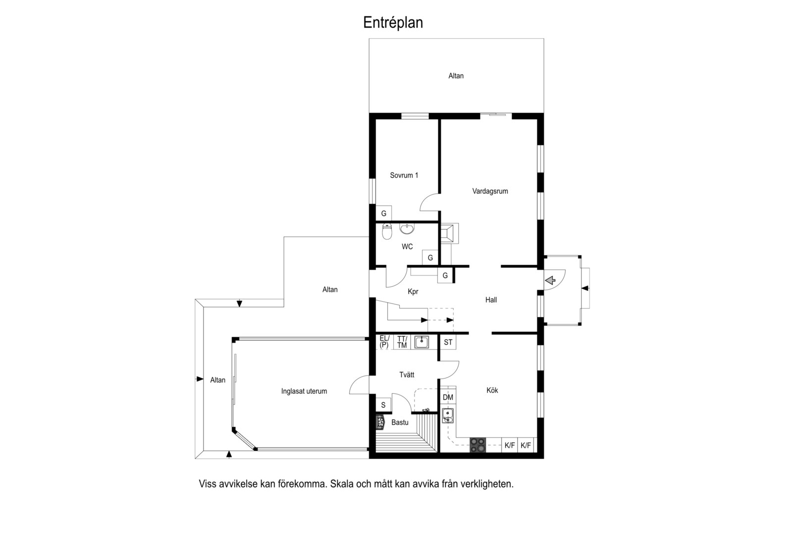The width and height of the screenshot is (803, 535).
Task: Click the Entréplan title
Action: (393, 23)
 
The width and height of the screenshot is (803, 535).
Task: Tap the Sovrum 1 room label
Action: (404, 175)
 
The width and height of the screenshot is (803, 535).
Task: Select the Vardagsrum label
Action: (490, 191)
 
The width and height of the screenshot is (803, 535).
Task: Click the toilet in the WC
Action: (387, 231)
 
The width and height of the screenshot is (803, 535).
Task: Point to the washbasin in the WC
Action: (407, 228)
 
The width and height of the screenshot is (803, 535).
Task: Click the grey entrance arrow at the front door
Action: (550, 280)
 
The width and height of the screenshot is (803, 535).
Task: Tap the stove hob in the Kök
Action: (478, 445)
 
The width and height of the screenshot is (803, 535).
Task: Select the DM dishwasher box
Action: (448, 397)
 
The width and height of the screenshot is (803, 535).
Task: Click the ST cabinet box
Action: (448, 342)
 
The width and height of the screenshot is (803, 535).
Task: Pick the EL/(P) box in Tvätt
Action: (384, 342)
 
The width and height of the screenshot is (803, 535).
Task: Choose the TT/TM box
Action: (402, 342)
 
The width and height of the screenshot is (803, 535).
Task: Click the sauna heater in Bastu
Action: (380, 422)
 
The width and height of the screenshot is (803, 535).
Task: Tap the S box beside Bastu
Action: (383, 405)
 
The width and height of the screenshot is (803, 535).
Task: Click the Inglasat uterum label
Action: (304, 391)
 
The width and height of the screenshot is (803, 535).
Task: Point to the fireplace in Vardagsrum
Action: (449, 233)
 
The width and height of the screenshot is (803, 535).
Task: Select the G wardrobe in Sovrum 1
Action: (383, 214)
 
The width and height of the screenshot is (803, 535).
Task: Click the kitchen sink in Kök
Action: (447, 416)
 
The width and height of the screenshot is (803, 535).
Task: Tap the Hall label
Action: (491, 300)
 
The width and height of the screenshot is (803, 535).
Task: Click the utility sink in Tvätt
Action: (422, 342)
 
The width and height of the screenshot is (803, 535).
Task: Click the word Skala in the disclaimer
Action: (342, 484)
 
